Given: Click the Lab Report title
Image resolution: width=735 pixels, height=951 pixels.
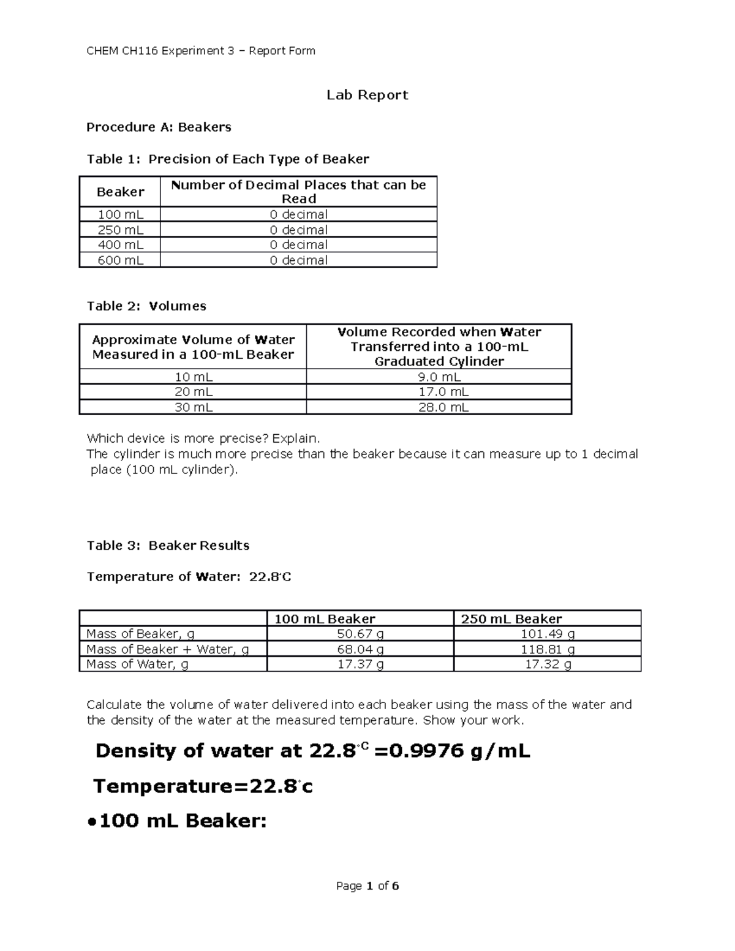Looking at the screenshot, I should click(367, 95).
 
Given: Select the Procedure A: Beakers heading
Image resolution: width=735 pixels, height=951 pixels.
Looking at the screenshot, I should click(159, 127).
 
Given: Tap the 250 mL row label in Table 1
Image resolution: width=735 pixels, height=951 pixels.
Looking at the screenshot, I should click(121, 230).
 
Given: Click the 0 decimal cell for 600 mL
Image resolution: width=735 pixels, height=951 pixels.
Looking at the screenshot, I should click(298, 260).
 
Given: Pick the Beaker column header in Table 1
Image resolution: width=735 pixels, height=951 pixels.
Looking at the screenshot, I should click(120, 192).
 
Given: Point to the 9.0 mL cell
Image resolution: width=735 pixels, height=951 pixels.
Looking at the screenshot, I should click(439, 377).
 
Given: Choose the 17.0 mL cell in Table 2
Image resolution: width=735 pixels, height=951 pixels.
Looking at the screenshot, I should click(439, 392).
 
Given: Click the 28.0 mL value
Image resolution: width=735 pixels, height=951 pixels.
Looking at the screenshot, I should click(439, 407).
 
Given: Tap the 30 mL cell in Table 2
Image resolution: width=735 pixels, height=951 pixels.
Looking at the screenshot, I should click(193, 407).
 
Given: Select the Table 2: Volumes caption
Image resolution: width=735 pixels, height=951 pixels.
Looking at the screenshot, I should click(146, 306).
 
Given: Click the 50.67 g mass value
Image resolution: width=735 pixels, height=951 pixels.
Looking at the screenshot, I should click(360, 634).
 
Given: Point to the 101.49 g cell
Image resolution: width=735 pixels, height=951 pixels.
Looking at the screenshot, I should click(547, 634).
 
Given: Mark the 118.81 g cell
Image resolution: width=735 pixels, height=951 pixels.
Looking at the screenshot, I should click(547, 649).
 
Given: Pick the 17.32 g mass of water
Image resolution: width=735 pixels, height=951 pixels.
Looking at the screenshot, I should click(548, 664).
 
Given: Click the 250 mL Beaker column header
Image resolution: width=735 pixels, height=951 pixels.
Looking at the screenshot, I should click(511, 619).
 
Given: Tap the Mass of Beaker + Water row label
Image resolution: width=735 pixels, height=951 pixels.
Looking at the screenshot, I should click(167, 649).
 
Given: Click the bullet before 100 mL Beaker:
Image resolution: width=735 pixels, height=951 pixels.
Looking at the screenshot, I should click(90, 822).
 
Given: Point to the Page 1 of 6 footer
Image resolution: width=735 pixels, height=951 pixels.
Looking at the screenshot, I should click(367, 886).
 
